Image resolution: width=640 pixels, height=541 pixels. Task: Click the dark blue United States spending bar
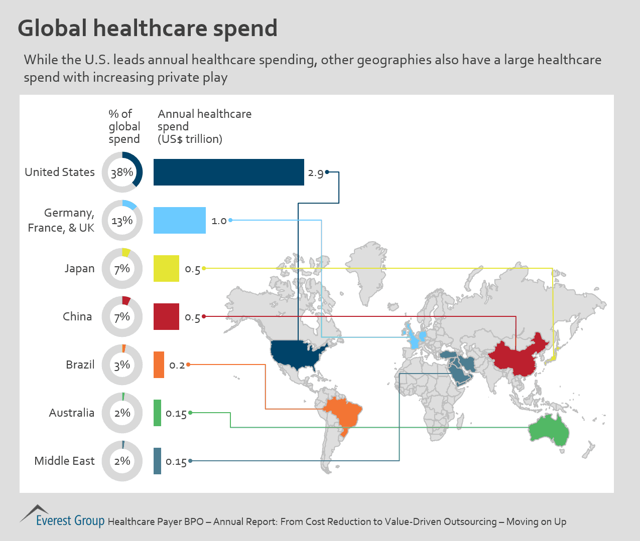pos(228,172)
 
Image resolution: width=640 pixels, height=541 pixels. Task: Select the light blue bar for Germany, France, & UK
pos(179,221)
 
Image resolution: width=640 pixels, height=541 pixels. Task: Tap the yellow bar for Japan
pos(166,269)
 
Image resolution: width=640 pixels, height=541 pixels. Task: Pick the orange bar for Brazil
pos(159,365)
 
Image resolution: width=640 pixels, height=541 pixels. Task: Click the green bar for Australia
pos(158,413)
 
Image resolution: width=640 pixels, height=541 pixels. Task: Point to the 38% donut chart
pos(122,172)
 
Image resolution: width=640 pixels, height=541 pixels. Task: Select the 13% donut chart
pos(122,221)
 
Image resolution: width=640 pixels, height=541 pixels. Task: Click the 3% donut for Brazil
pos(122,365)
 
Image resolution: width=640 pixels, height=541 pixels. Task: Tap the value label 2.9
pos(316,173)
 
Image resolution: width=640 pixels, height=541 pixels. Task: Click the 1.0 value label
pos(219,221)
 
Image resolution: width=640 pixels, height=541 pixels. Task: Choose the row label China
pos(77,317)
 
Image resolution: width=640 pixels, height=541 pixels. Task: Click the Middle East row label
pos(64,461)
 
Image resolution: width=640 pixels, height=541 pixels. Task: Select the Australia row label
pos(72,413)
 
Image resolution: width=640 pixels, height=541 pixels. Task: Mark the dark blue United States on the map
pos(297,353)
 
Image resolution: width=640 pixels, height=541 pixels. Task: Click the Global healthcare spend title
pos(148,29)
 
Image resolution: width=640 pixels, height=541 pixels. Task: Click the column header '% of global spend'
pos(124,127)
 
